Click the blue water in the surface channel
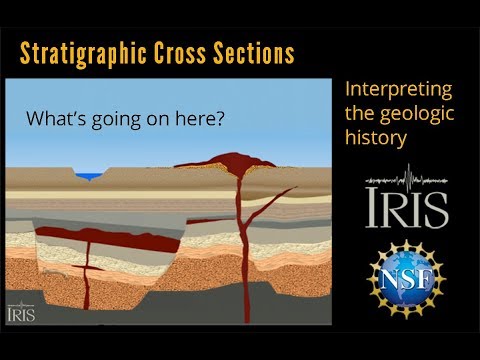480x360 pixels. point(91,177)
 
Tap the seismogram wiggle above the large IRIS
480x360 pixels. point(406,180)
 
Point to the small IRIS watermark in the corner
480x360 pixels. point(21,312)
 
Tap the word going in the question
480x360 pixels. point(109,118)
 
